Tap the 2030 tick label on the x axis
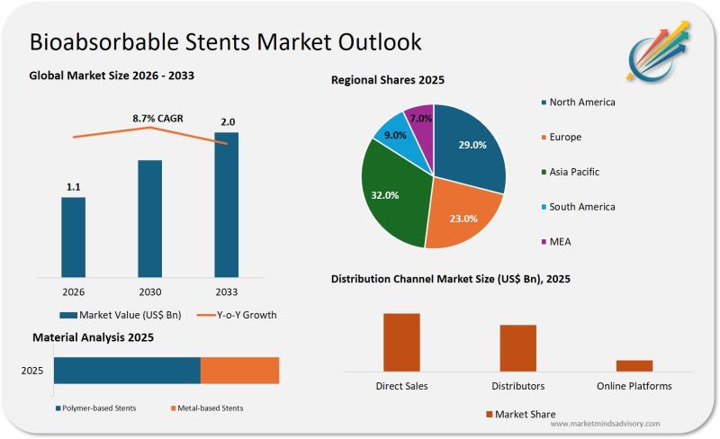tap(150, 291)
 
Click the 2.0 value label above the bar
tap(229, 122)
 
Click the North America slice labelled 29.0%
tap(470, 148)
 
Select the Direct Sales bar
tap(401, 342)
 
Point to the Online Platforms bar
tap(634, 365)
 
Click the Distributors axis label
tap(517, 386)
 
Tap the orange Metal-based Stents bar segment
tap(239, 371)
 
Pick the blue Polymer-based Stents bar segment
tap(127, 371)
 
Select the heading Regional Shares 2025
tap(388, 81)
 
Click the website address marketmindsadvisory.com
tap(604, 423)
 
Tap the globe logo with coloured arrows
tap(661, 49)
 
